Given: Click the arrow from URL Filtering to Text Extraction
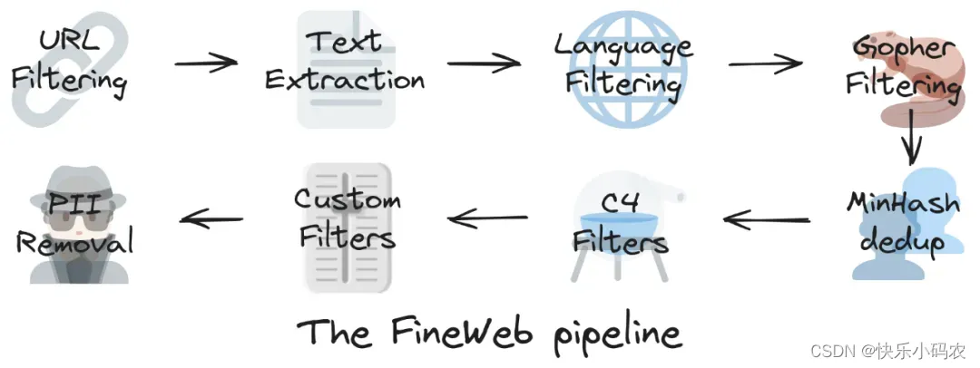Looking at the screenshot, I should point(205,64).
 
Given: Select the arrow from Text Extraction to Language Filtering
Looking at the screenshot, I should point(484,64).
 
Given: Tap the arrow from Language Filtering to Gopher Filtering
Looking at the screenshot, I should point(765,64).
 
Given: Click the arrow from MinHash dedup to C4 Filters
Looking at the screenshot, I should point(767,218).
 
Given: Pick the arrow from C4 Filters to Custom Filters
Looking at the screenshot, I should point(487,218).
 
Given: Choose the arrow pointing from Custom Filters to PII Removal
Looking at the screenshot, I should point(211,218).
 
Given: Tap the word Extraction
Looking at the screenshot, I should point(344,80).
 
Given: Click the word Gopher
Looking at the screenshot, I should point(906,46).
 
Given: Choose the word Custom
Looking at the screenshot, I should point(347,199).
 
